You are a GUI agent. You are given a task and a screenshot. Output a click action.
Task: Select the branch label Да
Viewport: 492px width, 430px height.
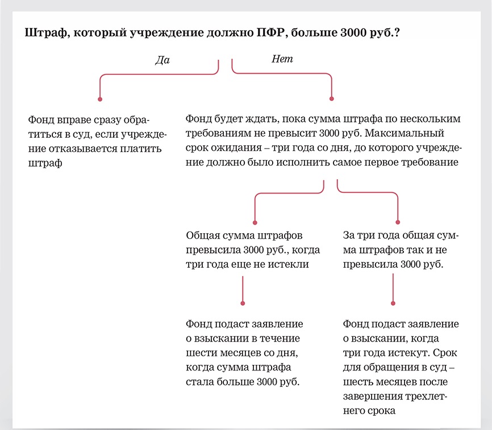(162, 60)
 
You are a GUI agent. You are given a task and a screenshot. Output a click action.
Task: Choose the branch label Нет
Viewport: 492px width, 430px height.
(282, 58)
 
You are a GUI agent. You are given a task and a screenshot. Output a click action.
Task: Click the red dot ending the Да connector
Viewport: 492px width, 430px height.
(100, 100)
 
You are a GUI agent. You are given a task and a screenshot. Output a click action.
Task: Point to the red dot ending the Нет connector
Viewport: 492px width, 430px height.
(332, 99)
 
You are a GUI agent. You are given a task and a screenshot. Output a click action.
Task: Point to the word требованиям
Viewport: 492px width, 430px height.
(219, 134)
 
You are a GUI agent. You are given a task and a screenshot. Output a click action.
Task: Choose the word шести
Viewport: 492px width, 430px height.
(199, 353)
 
